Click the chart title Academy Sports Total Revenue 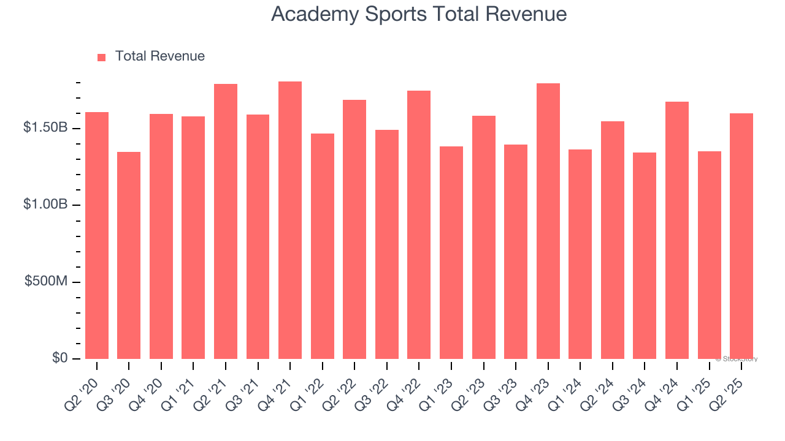[418, 13]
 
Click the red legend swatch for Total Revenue [101, 57]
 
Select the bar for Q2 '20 [97, 236]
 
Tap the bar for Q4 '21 [290, 221]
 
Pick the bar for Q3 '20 [129, 255]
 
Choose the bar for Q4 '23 [548, 221]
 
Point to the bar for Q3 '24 [645, 256]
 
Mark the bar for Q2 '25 [741, 236]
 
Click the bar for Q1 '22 [323, 246]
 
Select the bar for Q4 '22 [419, 225]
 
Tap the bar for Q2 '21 [226, 222]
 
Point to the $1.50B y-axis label [45, 128]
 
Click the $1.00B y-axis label [45, 205]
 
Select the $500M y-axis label [47, 281]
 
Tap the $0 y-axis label [59, 358]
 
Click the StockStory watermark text [737, 359]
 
